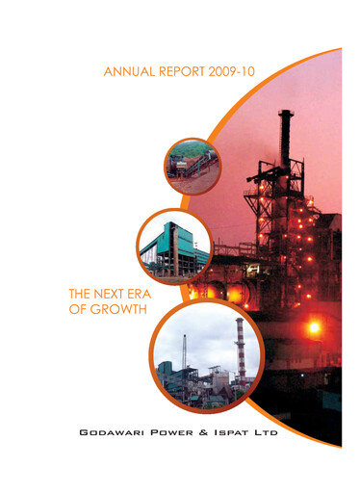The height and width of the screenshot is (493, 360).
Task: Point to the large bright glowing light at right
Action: (x=313, y=327)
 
